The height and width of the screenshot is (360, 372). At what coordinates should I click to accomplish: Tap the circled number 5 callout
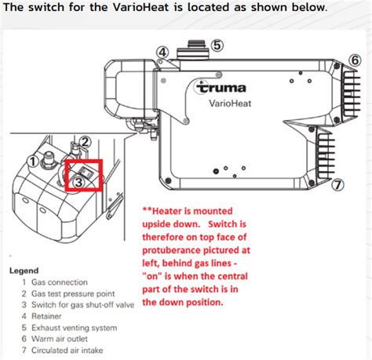[217, 45]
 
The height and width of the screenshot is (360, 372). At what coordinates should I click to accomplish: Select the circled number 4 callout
[162, 53]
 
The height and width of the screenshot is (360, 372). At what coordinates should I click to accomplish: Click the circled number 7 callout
[337, 185]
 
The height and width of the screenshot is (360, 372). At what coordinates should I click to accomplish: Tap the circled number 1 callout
[33, 162]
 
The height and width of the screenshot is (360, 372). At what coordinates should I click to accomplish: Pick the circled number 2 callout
[86, 142]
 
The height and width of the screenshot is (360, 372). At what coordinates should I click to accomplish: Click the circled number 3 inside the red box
[79, 181]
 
